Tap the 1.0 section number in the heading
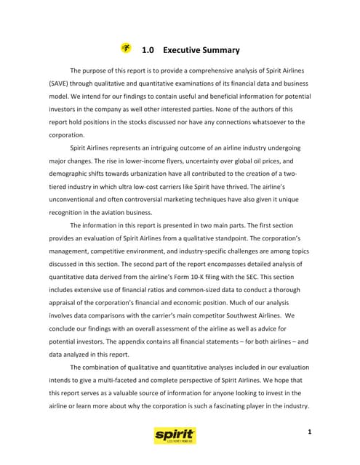click(148, 50)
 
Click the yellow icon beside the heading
click(127, 49)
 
